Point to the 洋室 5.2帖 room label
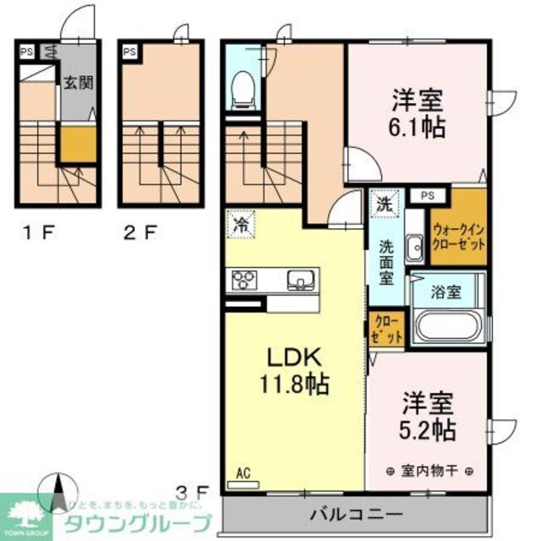428,413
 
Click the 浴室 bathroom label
448,292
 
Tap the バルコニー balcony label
355,513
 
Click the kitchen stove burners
245,280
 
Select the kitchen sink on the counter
299,280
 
